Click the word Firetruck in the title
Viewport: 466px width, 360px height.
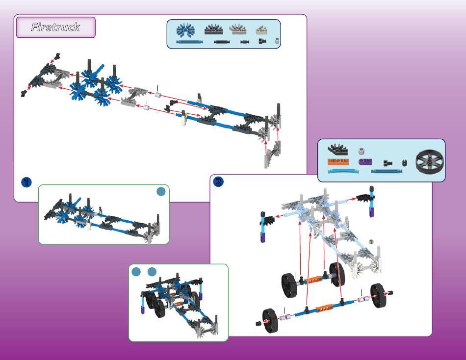pos(55,27)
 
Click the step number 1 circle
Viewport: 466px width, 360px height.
pos(26,182)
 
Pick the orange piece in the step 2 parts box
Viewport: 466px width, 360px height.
pos(338,162)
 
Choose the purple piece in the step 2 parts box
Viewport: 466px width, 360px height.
pos(365,162)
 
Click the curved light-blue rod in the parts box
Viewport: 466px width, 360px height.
pos(343,172)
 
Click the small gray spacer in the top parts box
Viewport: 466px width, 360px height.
pos(277,42)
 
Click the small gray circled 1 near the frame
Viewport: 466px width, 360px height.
pos(371,241)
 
